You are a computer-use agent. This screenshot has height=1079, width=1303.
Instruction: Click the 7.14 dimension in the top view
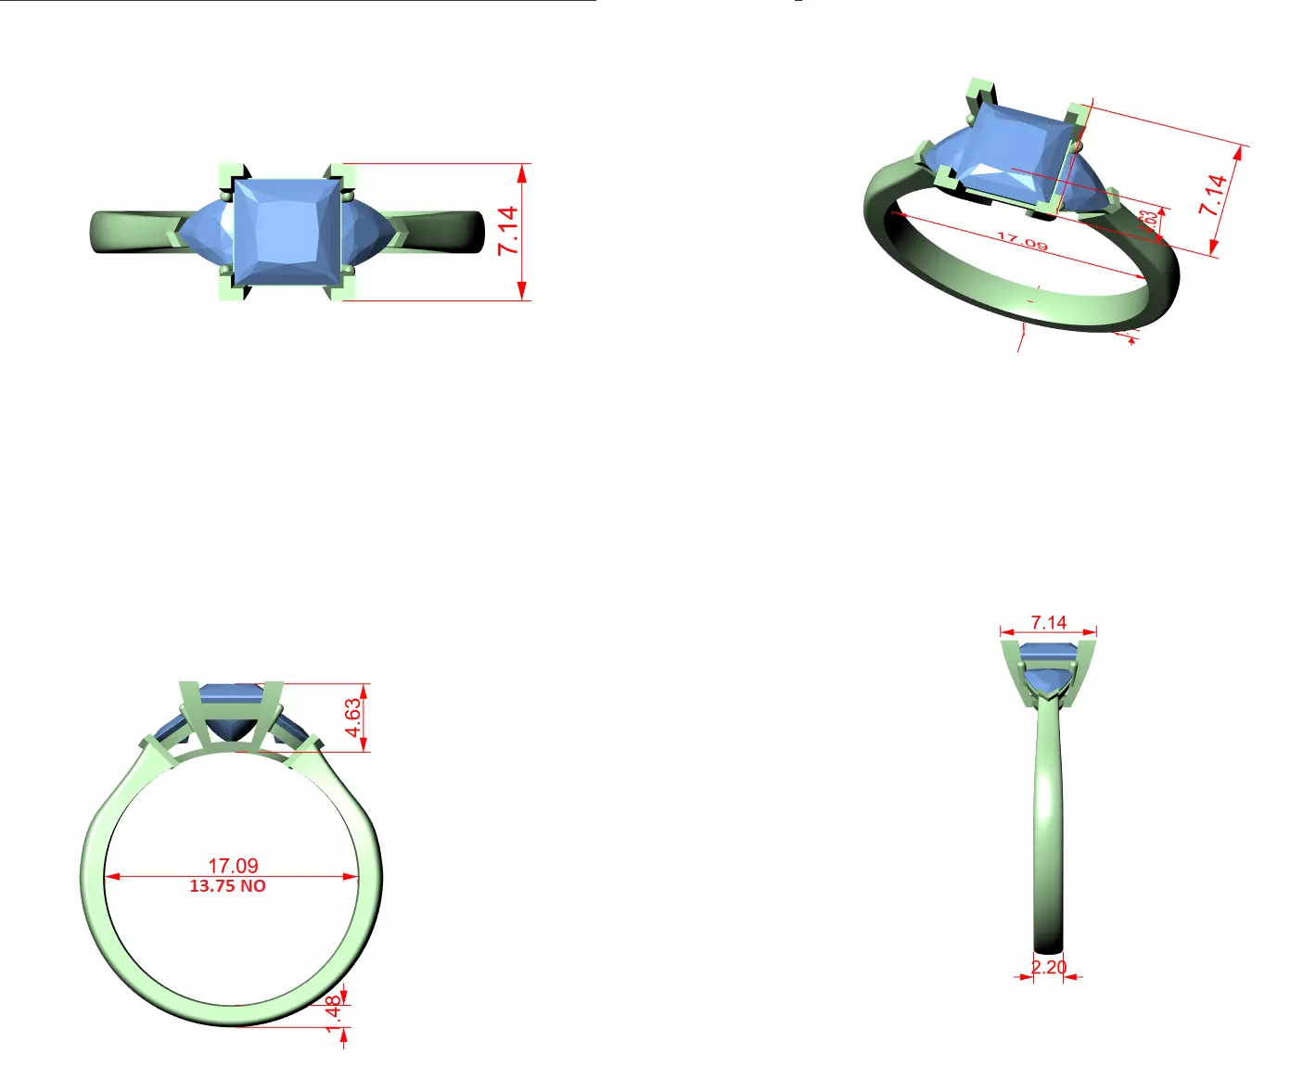(507, 231)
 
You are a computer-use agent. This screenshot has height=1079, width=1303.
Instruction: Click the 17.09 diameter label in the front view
(233, 865)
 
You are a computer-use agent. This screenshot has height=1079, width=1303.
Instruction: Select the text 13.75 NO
(227, 886)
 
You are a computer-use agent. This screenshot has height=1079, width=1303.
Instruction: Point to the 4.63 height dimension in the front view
(352, 717)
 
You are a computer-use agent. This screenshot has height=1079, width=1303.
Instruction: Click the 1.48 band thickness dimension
(334, 1012)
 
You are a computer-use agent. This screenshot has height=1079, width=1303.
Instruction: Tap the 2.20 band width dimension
(1049, 967)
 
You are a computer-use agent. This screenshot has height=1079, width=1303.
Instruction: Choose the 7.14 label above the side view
(1049, 622)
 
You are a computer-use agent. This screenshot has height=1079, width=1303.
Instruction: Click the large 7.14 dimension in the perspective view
(1213, 195)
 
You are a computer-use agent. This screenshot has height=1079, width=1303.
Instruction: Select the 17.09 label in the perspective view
(1022, 242)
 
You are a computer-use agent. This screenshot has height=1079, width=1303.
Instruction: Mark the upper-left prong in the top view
(231, 173)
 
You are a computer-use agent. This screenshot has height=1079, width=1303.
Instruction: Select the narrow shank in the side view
(1048, 834)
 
